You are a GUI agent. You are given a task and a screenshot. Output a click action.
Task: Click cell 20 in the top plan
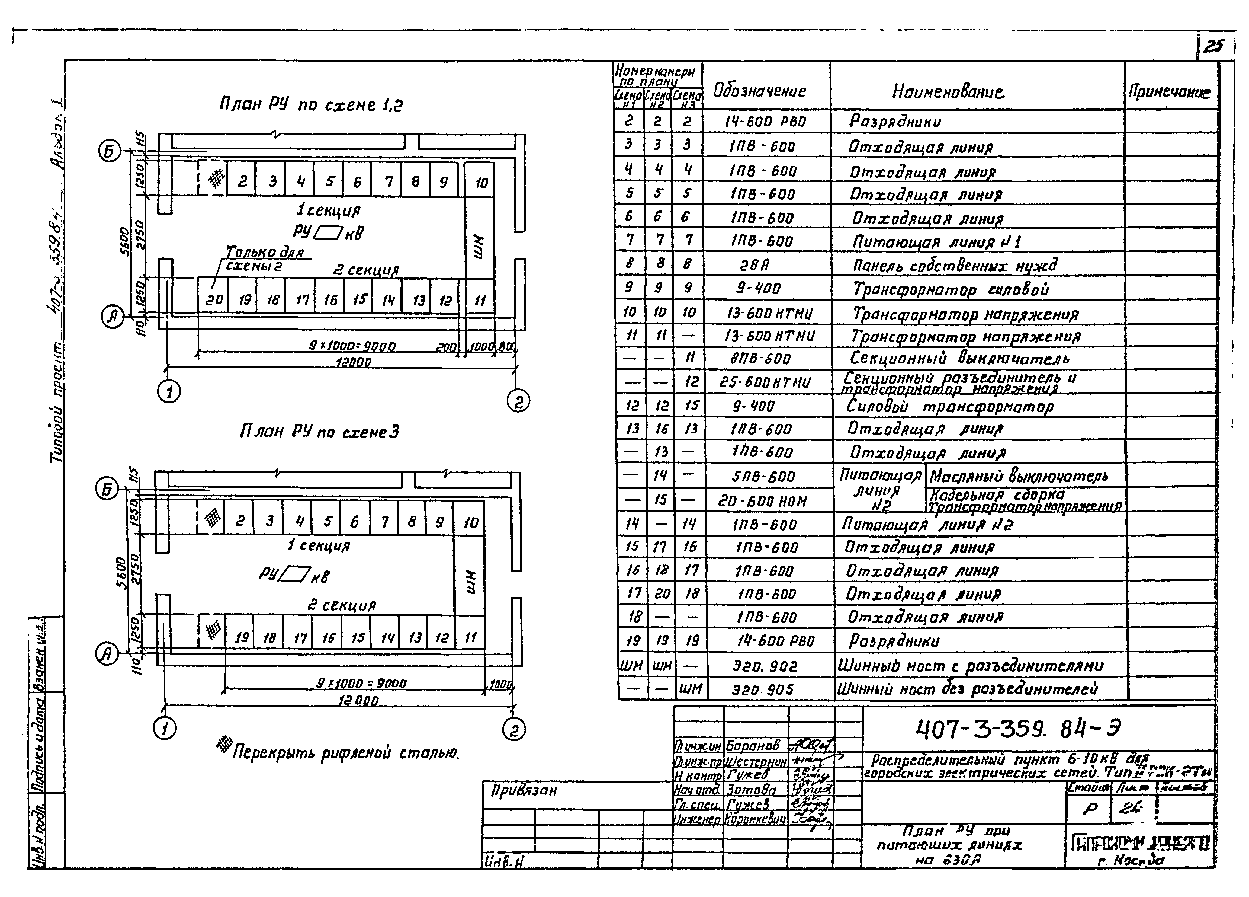pyautogui.click(x=214, y=299)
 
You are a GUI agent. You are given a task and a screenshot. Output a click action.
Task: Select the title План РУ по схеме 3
pyautogui.click(x=319, y=432)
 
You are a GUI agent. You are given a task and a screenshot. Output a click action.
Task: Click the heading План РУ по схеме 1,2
pyautogui.click(x=311, y=105)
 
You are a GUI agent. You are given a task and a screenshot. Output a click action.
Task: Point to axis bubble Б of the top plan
pyautogui.click(x=108, y=152)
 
